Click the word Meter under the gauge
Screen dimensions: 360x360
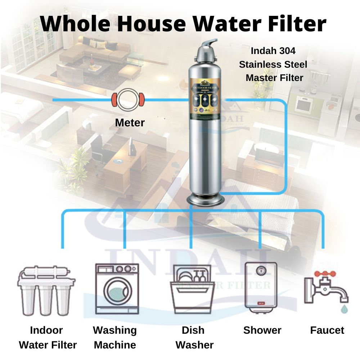pos(130,123)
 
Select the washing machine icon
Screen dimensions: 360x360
pos(117,289)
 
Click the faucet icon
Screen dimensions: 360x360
pos(326,288)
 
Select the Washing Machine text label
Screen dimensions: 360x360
pos(115,337)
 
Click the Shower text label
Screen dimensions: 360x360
pos(262,330)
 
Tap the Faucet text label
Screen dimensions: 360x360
pos(327,330)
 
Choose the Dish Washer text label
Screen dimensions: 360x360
pos(194,337)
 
